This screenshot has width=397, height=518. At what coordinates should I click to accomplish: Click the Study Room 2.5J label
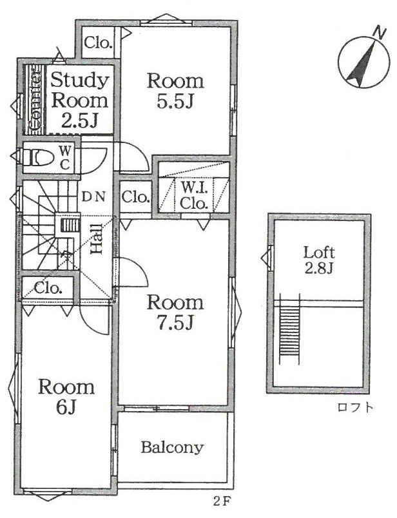(79, 101)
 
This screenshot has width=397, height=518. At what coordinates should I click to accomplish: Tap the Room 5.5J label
(175, 91)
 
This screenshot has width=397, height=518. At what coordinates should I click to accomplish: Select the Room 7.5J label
(175, 312)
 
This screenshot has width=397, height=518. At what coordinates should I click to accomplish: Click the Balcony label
(172, 448)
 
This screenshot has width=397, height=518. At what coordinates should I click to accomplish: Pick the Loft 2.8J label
(319, 261)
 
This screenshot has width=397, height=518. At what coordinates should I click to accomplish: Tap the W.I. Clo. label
(194, 197)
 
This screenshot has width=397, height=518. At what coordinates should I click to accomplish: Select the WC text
(65, 158)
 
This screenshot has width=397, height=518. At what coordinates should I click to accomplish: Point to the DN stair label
(93, 197)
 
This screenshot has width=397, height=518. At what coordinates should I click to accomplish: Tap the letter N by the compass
(380, 33)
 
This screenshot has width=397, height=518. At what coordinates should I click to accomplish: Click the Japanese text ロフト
(356, 407)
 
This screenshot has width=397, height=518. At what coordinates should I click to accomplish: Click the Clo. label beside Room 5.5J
(97, 43)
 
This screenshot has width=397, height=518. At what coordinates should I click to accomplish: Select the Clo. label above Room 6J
(48, 289)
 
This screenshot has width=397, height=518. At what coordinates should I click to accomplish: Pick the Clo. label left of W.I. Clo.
(135, 198)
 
